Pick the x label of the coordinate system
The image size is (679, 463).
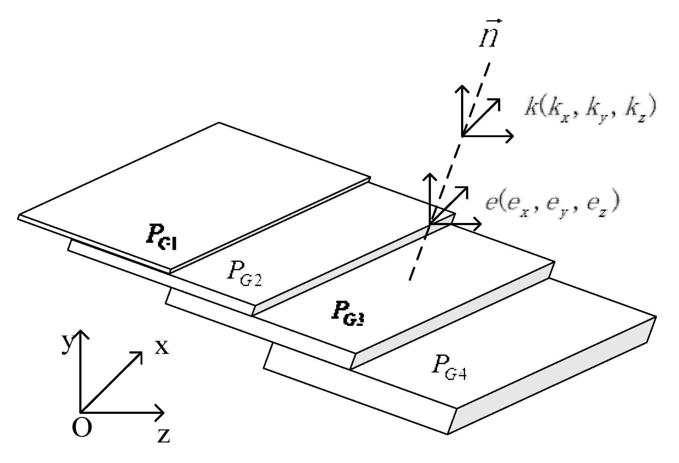coord(162,346)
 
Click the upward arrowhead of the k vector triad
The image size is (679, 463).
coord(462,89)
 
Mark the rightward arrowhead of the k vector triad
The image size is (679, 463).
coord(510,136)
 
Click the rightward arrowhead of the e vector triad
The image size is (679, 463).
coord(478,224)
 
